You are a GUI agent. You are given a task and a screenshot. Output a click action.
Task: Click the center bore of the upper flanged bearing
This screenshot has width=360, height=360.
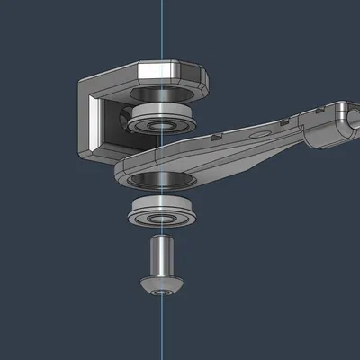click(x=161, y=125)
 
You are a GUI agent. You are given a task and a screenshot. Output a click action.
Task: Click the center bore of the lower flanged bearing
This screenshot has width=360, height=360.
click(x=161, y=218)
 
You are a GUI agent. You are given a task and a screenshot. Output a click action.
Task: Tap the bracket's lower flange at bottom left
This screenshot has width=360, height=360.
click(x=90, y=152)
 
